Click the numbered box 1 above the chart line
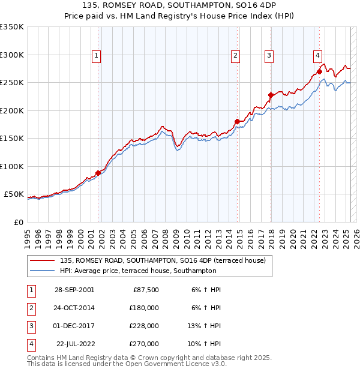(97, 56)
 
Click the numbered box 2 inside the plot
(236, 56)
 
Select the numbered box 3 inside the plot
(269, 56)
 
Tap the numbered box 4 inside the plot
(317, 56)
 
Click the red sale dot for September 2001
(98, 173)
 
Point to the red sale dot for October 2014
(237, 122)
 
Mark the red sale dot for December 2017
(271, 95)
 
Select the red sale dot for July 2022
(319, 71)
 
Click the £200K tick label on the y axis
(12, 110)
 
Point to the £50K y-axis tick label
(14, 194)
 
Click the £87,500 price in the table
(144, 290)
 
